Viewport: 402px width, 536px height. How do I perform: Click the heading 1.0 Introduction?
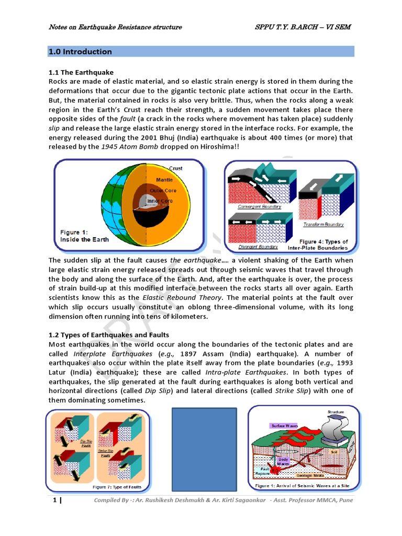click(80, 52)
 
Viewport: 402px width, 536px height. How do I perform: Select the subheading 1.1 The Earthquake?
click(81, 72)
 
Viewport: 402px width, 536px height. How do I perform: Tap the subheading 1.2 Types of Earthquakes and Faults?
click(109, 335)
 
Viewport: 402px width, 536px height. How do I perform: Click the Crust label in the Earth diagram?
click(176, 169)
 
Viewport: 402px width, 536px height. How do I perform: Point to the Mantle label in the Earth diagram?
click(164, 180)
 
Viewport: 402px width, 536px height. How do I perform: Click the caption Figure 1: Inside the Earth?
click(85, 236)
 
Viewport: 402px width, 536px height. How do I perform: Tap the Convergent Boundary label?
click(259, 207)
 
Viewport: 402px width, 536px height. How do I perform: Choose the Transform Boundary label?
click(323, 225)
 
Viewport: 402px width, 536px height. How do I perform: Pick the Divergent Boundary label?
click(258, 247)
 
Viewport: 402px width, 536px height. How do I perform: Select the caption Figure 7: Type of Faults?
click(117, 487)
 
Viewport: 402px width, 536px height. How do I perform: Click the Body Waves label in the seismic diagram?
click(283, 461)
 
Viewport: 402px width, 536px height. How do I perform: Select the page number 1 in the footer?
click(54, 500)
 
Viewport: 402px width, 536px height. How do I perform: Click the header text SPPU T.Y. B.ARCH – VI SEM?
click(303, 27)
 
